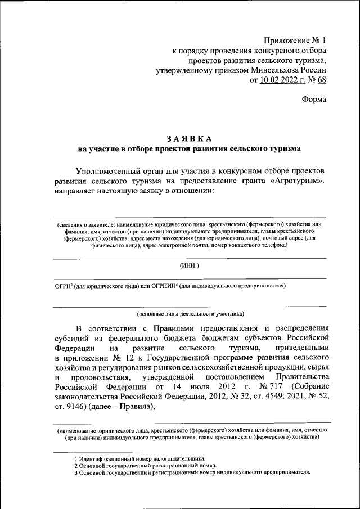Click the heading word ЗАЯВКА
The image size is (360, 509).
[x=190, y=139]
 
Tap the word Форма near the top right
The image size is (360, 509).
[x=314, y=99]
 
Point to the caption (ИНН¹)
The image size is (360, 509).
[x=190, y=265]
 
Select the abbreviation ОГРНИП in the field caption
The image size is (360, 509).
[x=165, y=286]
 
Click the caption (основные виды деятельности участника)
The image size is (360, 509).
[x=190, y=313]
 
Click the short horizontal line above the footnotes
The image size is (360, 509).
[x=96, y=451]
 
